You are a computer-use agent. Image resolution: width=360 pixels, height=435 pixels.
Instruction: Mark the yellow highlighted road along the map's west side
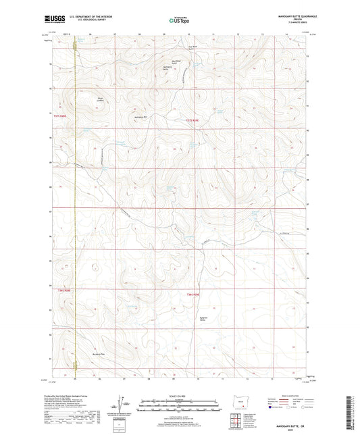(x=74, y=203)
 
